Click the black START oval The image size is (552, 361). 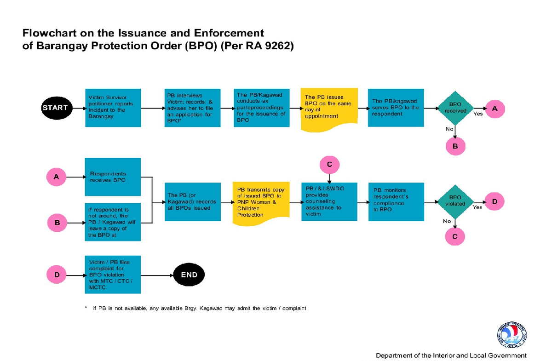tap(55, 108)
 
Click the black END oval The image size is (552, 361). tap(189, 275)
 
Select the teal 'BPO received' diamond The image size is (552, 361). tap(455, 108)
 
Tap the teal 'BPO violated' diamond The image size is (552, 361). tap(455, 201)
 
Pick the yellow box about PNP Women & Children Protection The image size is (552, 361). tap(261, 202)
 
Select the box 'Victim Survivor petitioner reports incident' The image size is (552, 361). tap(113, 108)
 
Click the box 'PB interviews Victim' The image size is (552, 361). tap(192, 108)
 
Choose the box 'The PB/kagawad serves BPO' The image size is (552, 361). tap(396, 108)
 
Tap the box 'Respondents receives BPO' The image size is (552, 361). tap(113, 177)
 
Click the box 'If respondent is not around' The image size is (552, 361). tap(113, 222)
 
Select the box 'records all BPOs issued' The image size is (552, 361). tap(192, 201)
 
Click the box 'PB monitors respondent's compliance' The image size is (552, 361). tap(396, 201)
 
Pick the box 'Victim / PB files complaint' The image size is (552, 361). tap(113, 275)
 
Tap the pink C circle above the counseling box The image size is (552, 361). tap(329, 164)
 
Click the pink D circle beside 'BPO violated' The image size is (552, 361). tap(494, 201)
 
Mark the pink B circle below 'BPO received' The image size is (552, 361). tap(455, 146)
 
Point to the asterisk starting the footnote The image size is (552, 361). tap(86, 308)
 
